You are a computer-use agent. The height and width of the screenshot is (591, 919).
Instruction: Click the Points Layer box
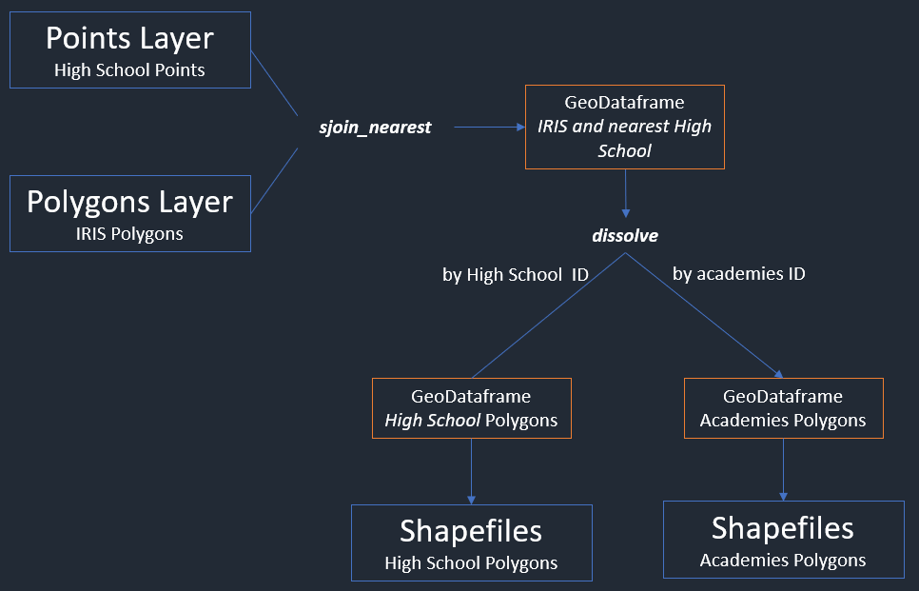pyautogui.click(x=130, y=50)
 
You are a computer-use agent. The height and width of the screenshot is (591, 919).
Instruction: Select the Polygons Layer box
pyautogui.click(x=130, y=213)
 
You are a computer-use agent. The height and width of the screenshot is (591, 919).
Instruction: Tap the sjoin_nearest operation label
pyautogui.click(x=375, y=127)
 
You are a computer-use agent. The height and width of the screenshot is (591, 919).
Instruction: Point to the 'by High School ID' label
pyautogui.click(x=516, y=275)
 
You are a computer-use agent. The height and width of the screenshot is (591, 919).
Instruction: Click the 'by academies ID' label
pyautogui.click(x=739, y=274)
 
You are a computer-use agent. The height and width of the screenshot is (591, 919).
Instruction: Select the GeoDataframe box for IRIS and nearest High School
pyautogui.click(x=624, y=127)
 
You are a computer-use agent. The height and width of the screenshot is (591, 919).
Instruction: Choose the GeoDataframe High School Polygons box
pyautogui.click(x=471, y=408)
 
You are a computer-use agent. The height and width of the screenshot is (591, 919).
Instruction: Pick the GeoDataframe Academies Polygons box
pyautogui.click(x=783, y=408)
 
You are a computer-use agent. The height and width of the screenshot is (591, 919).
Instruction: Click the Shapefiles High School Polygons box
pyautogui.click(x=471, y=542)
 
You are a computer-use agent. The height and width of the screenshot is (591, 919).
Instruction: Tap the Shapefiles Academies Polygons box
pyautogui.click(x=783, y=539)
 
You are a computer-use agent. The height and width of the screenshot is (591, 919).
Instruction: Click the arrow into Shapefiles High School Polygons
pyautogui.click(x=471, y=471)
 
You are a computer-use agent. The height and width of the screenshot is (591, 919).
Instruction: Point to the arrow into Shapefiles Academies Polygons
pyautogui.click(x=783, y=469)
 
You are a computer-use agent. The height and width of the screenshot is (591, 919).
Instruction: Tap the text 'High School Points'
pyautogui.click(x=130, y=69)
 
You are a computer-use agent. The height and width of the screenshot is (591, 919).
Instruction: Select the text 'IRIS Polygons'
pyautogui.click(x=130, y=233)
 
